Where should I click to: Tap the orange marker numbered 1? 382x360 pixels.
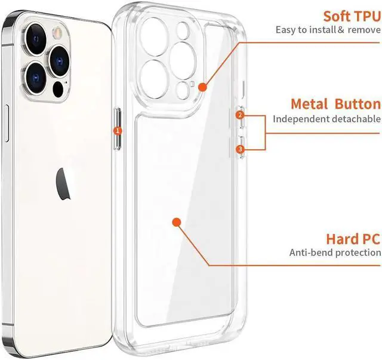pos(118,130)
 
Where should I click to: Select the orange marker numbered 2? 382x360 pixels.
pos(240,115)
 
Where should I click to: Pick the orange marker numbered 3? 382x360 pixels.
pos(240,149)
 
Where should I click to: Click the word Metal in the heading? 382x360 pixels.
pos(309,104)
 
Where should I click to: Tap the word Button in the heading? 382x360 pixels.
pos(357,104)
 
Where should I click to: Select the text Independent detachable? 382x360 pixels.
pos(326,119)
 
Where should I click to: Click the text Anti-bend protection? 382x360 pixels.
pos(334,253)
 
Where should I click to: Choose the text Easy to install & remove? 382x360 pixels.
pos(328,30)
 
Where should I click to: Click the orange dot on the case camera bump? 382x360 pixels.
pos(202,87)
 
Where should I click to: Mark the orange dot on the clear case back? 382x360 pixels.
pos(177,222)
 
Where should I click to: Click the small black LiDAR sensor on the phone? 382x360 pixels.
pos(57,90)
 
